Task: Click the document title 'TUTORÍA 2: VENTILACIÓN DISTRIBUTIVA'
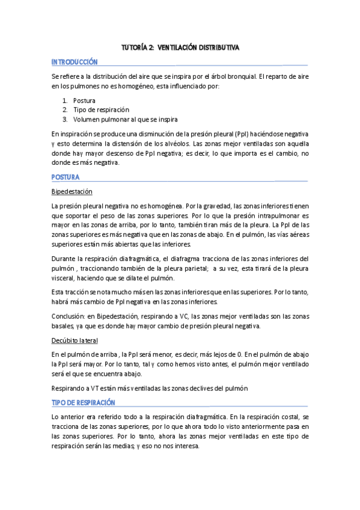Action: click(x=180, y=48)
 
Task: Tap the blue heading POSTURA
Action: click(x=66, y=177)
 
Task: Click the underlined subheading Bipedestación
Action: click(x=72, y=191)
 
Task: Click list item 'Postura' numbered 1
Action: click(x=84, y=100)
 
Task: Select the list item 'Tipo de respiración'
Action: click(x=101, y=109)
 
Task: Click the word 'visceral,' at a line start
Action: click(x=66, y=278)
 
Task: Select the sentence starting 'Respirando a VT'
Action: click(x=150, y=389)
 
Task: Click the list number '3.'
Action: click(x=64, y=119)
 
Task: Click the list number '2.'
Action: click(x=64, y=109)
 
